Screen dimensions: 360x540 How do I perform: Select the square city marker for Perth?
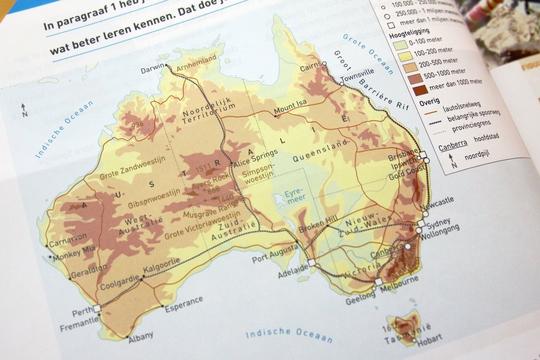tap(97, 309)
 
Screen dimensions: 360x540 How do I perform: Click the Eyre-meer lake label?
tap(295, 195)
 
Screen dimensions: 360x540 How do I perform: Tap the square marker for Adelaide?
tap(312, 263)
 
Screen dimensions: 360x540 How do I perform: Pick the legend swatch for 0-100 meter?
tap(400, 44)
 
